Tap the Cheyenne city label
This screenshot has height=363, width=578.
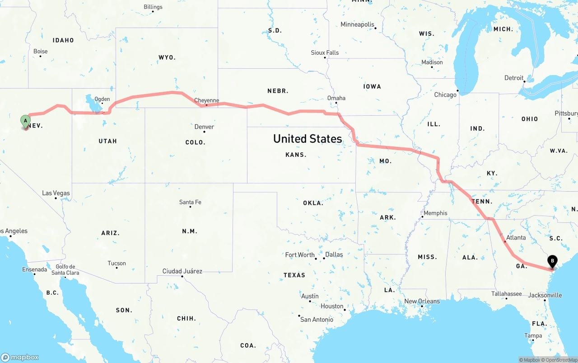pos(206,100)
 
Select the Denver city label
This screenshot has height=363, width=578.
pos(204,127)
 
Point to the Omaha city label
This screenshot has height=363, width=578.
pos(336,98)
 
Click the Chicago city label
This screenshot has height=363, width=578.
pos(445,94)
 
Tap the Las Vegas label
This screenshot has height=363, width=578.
pos(56,193)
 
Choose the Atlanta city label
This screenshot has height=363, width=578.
pos(516,237)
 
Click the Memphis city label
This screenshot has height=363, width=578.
pos(435,213)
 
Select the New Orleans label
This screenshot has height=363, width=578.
pos(422,301)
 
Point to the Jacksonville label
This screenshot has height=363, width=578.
pos(545,295)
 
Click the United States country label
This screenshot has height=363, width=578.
pos(308,138)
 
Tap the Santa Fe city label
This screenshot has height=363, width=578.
pos(190,202)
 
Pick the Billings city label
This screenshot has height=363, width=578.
pos(153,7)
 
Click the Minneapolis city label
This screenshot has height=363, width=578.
pos(358,24)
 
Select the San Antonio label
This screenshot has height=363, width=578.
pos(317,319)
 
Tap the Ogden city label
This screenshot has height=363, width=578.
pos(102,99)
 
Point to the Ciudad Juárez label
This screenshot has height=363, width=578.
pos(182,271)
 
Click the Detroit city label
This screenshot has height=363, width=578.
pos(514,78)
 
